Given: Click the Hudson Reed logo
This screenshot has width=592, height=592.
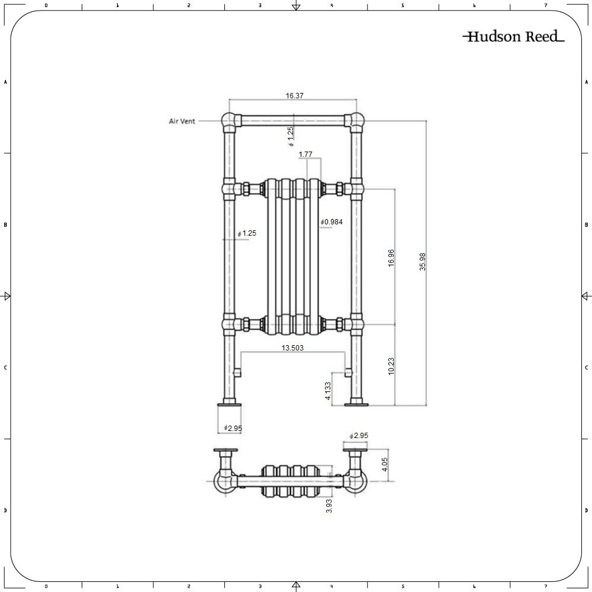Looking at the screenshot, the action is click(x=513, y=37).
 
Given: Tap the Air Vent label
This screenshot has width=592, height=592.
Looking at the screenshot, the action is click(x=182, y=121).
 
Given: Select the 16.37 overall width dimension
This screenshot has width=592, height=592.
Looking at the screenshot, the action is click(x=294, y=95).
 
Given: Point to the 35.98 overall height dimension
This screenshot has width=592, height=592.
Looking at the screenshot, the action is click(x=423, y=262).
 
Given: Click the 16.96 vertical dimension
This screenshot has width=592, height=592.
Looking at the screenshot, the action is click(x=391, y=258).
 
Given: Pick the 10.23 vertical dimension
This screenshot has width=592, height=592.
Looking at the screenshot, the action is click(x=391, y=366).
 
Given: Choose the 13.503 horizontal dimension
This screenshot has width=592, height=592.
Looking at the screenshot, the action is click(x=292, y=348).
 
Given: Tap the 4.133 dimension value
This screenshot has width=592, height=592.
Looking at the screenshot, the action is click(x=328, y=391).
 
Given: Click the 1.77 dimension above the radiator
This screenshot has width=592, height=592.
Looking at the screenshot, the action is click(x=305, y=154).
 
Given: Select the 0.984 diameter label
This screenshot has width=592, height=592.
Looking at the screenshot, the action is click(x=332, y=221).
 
